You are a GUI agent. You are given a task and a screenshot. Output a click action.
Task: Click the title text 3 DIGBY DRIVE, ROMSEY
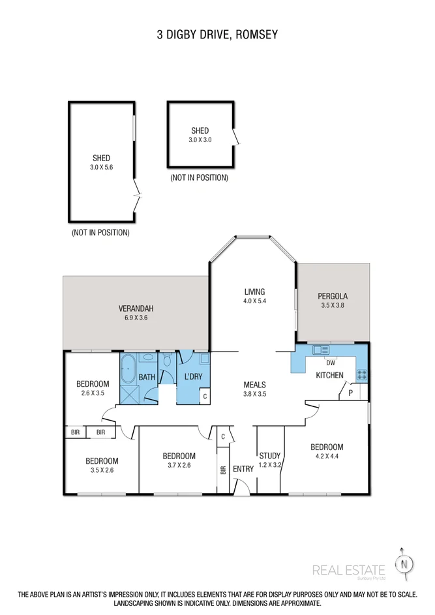coord(217,34)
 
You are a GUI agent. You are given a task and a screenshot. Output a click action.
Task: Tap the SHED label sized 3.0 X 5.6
coord(101,158)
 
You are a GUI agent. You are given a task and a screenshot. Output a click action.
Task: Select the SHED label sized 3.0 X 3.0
coord(200,131)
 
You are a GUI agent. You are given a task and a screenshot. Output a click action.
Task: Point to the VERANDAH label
coord(136,308)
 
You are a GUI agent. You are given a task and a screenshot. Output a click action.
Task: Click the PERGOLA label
coord(333,295)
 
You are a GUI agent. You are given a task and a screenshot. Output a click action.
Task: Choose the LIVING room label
coord(254,292)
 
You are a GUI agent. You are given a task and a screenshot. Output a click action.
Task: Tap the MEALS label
coord(254,384)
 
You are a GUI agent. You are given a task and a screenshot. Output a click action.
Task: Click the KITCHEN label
coord(329,375)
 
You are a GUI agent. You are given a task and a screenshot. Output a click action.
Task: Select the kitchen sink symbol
coord(320,350)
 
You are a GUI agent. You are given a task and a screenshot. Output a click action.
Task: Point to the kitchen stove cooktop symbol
coord(361,374)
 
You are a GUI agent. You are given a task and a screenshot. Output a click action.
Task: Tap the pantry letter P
coord(350,393)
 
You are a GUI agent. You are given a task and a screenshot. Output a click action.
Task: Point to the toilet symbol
coord(167,361)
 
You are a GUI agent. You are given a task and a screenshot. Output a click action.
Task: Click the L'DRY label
coord(194,377)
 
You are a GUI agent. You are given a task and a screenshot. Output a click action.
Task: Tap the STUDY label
coord(269,455)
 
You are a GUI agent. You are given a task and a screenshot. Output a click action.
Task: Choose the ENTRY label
coord(243,468)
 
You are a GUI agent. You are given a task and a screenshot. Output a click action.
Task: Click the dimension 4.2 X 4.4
coord(326,457)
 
